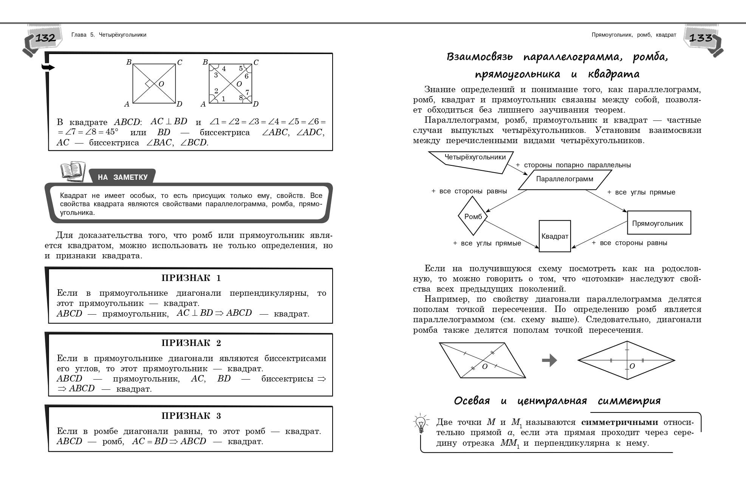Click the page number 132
pos(45,38)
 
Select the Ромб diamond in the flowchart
pos(473,217)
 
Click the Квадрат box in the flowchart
pos(554,236)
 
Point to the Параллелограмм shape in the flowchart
pos(565,179)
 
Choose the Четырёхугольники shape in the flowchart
pos(475,157)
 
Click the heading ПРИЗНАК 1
pos(191,278)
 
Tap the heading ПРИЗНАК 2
pos(191,343)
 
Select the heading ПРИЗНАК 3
pos(191,416)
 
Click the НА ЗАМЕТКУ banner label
pos(122,177)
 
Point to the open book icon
pos(73,171)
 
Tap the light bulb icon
pos(421,424)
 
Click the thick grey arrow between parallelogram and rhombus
pos(549,360)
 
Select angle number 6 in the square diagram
pos(246,76)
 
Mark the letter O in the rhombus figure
pos(632,366)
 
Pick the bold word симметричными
pos(619,422)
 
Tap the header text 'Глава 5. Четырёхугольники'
pos(109,35)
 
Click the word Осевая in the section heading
pos(472,401)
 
